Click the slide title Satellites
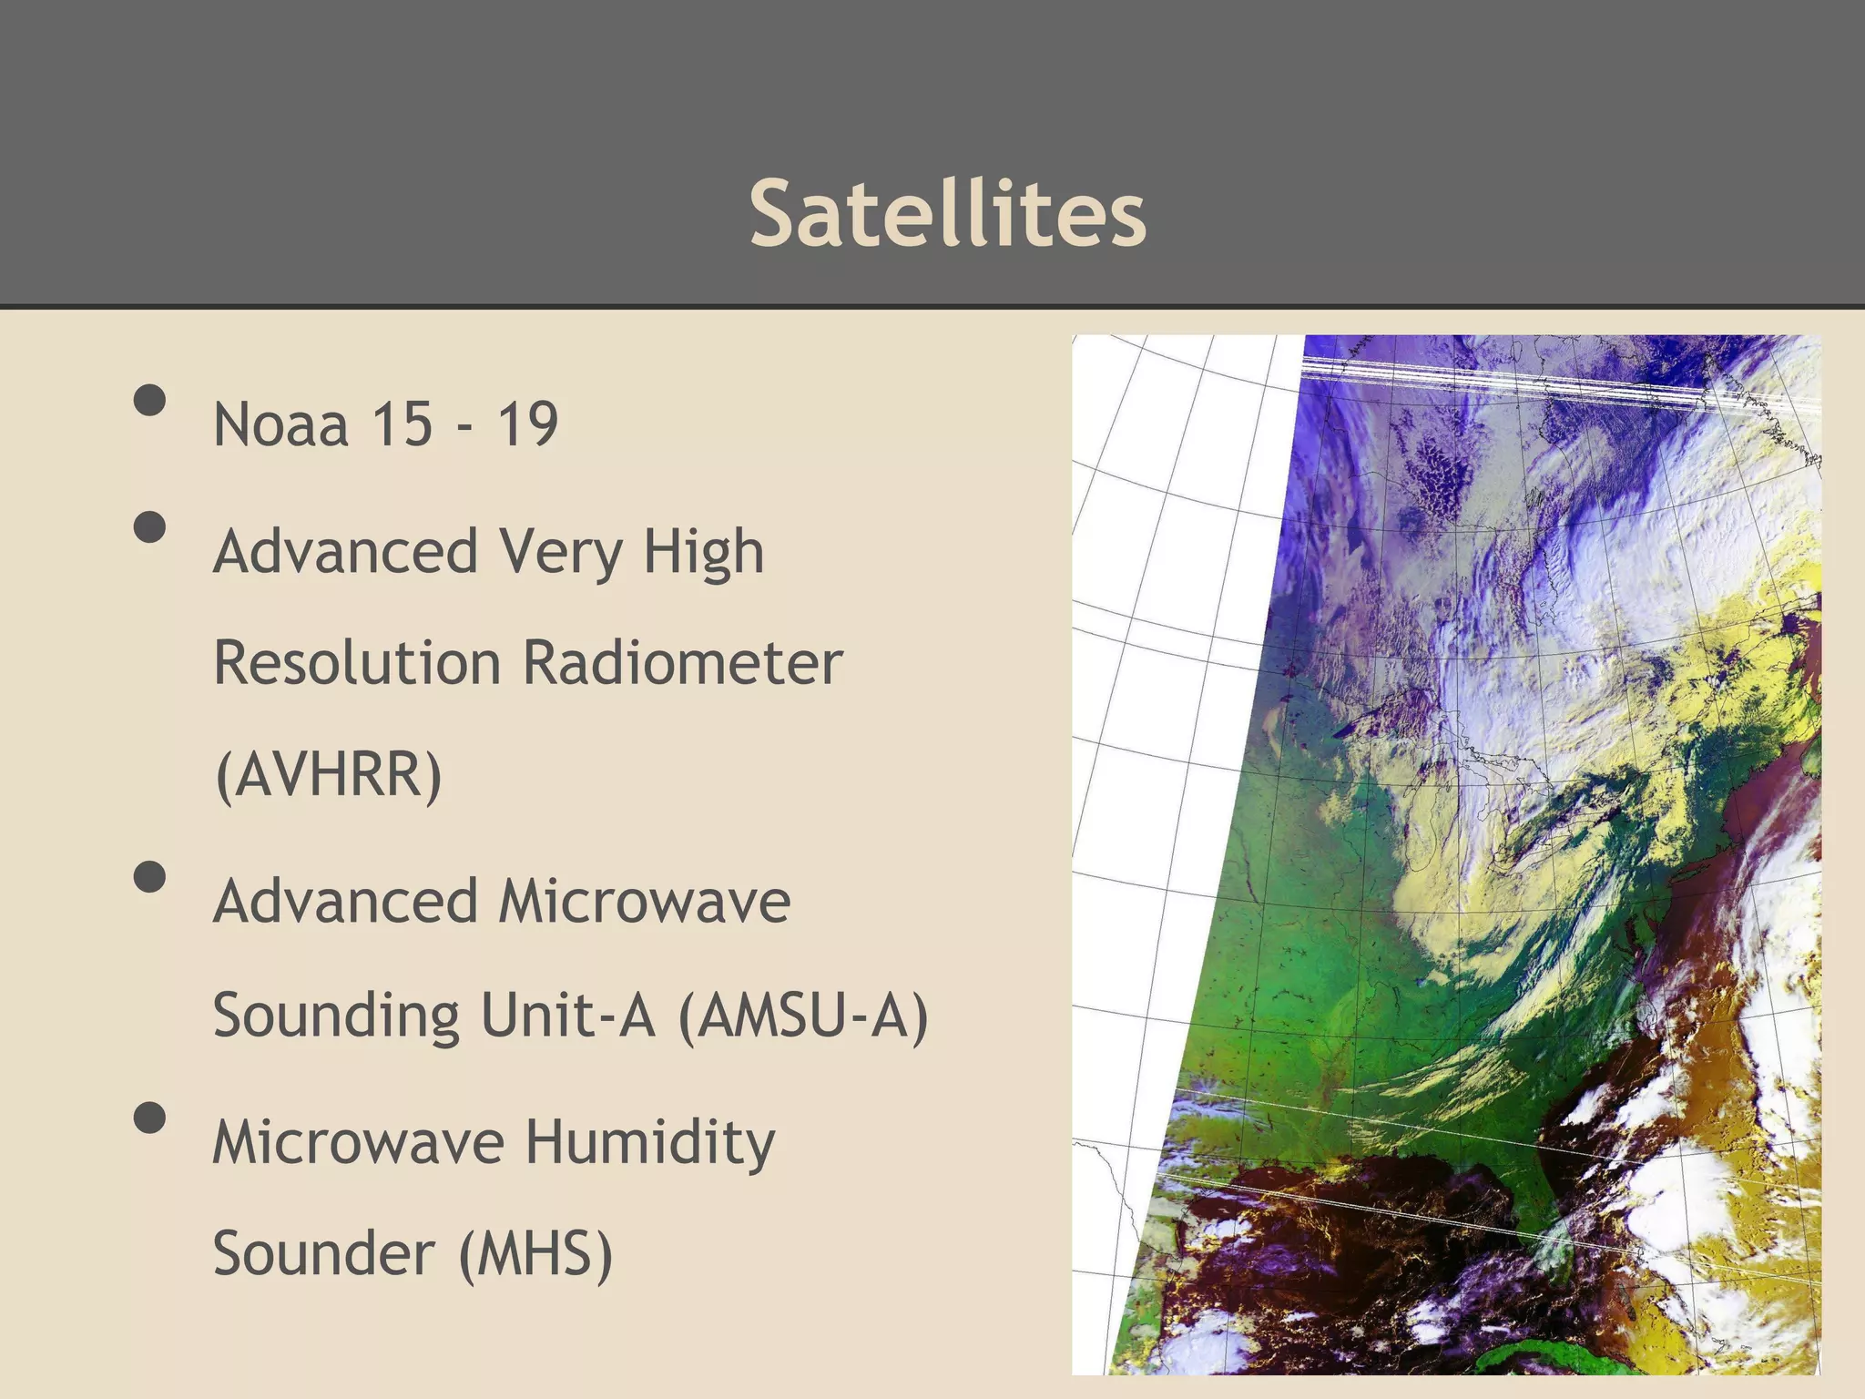coord(947,213)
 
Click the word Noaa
coord(280,424)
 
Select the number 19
coord(526,424)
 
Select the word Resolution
coord(356,663)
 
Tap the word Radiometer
coord(682,663)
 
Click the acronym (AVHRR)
coord(328,774)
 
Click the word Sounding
coord(336,1015)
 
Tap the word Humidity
coord(650,1143)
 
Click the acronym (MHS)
coord(535,1254)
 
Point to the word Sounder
coord(323,1254)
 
